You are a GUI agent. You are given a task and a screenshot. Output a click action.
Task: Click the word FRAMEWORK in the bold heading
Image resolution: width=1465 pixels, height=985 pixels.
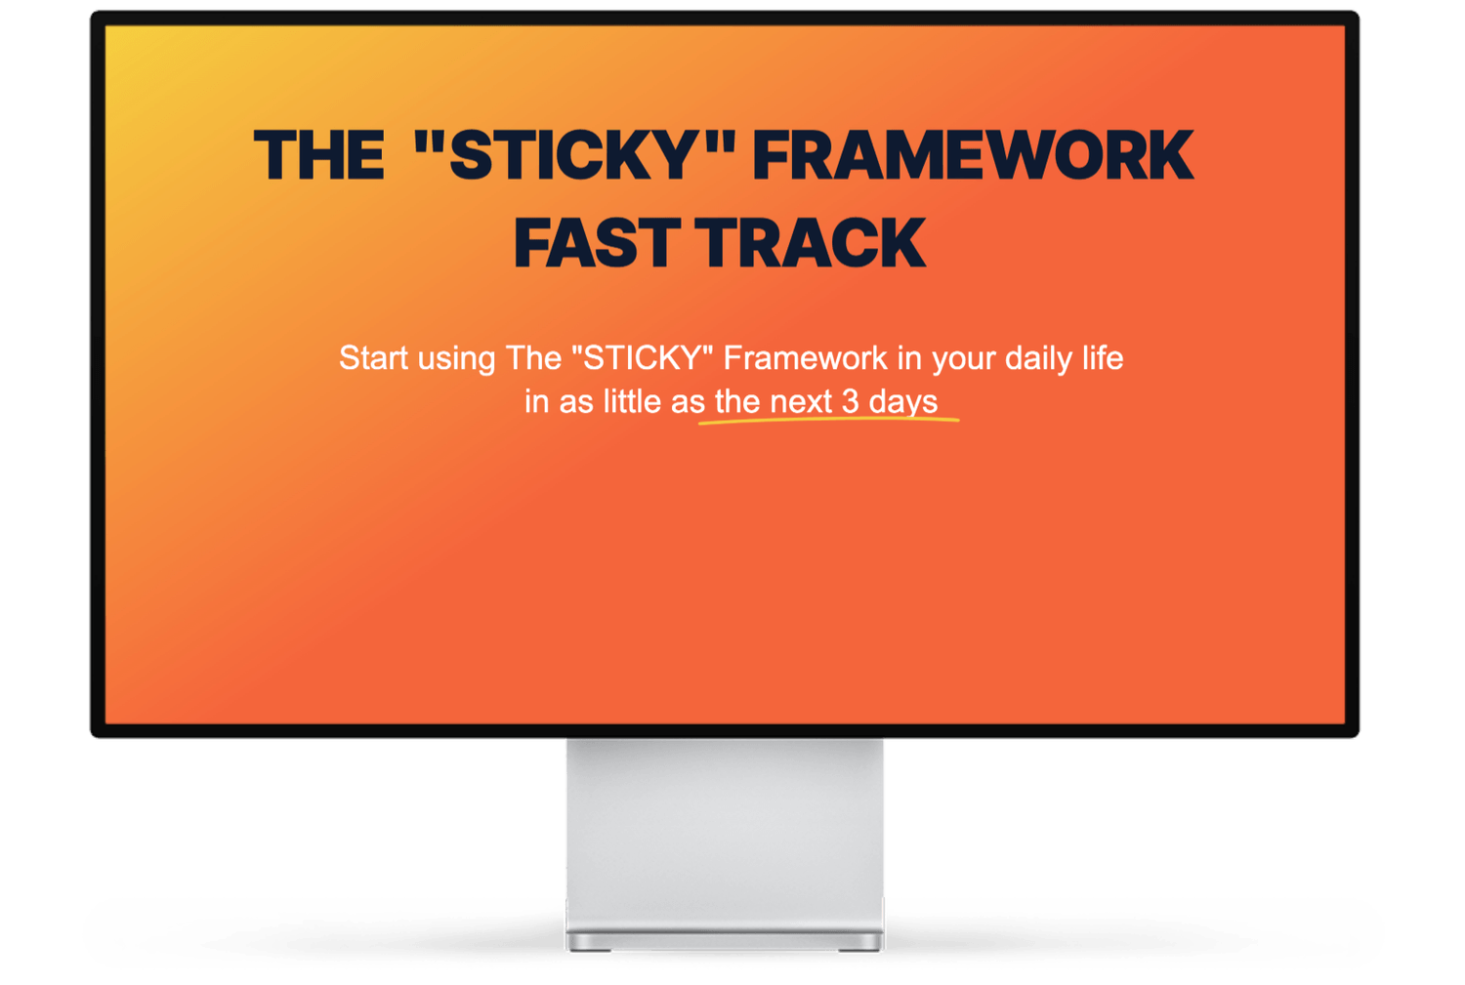(x=973, y=156)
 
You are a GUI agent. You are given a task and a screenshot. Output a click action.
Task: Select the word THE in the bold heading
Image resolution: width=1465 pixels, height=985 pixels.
(x=318, y=156)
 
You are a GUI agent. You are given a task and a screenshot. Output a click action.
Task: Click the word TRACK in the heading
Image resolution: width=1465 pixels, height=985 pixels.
(x=811, y=243)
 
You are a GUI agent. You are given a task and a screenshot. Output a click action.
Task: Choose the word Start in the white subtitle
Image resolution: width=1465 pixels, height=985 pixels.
(x=373, y=358)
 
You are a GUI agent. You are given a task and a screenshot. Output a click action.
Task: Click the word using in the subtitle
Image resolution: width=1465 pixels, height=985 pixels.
(x=456, y=358)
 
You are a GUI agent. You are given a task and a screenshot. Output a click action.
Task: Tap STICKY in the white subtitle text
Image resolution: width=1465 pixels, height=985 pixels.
(x=642, y=358)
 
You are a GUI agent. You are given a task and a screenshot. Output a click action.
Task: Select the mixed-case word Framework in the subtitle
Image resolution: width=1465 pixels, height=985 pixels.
(x=805, y=358)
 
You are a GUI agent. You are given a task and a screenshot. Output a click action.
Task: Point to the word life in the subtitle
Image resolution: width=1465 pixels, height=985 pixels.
(x=1102, y=358)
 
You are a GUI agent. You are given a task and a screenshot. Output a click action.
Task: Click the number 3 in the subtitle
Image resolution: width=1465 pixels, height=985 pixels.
(x=850, y=401)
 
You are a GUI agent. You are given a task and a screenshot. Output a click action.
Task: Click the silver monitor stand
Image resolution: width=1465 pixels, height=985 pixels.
(x=724, y=840)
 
